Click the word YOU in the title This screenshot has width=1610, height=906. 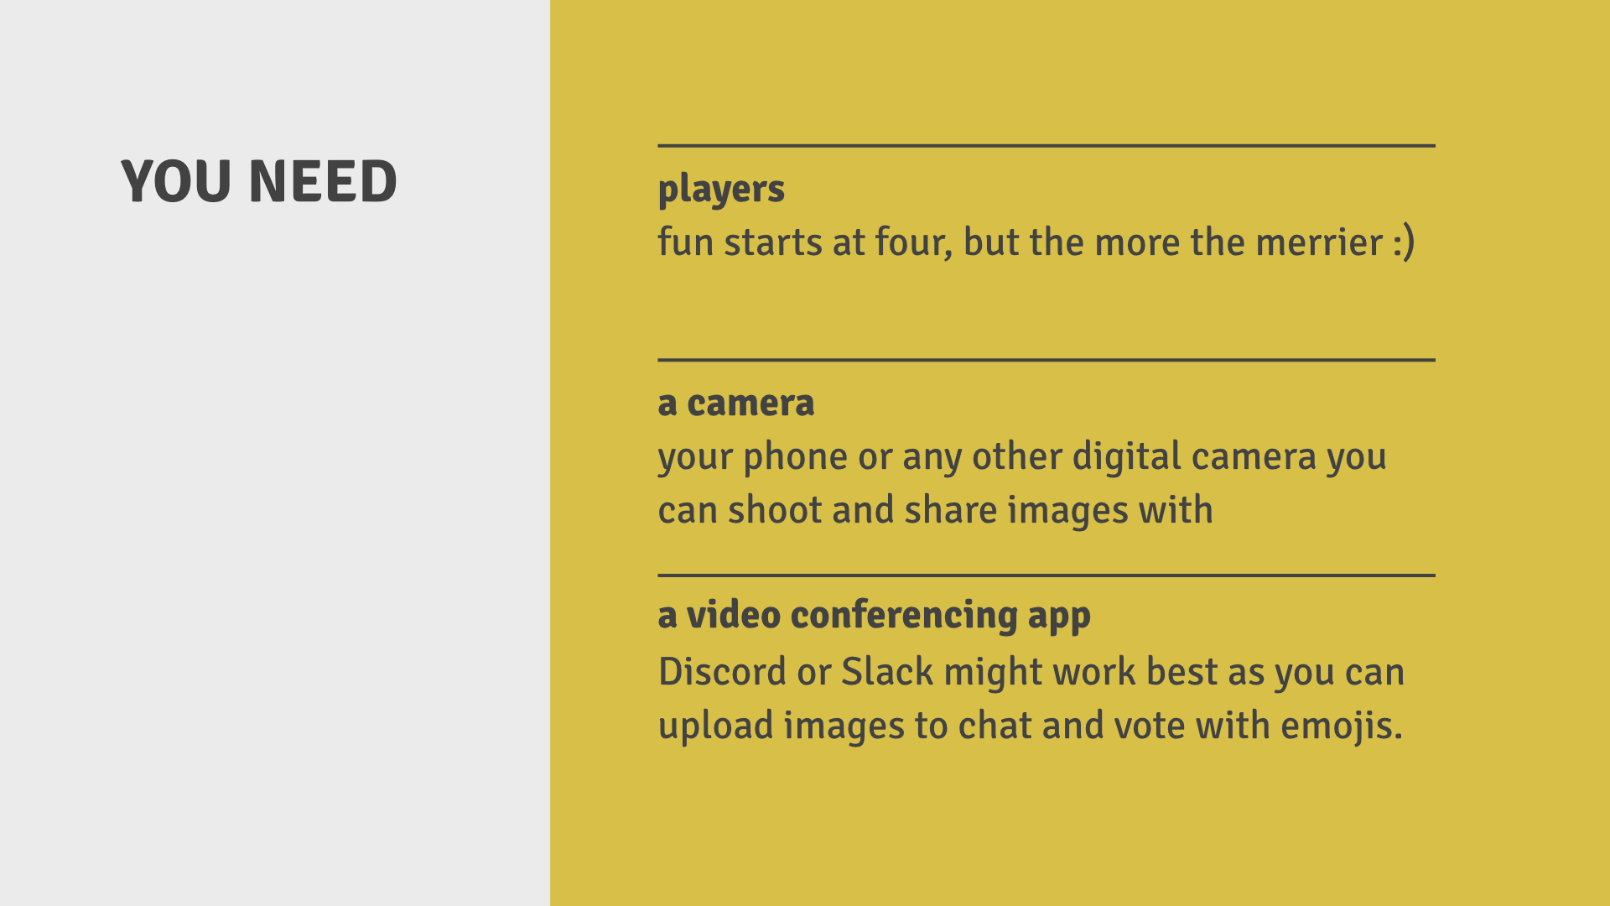pyautogui.click(x=176, y=181)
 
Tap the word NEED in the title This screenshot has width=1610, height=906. pyautogui.click(x=323, y=181)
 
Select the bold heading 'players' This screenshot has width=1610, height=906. pyautogui.click(x=721, y=190)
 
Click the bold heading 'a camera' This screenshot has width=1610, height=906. pyautogui.click(x=736, y=404)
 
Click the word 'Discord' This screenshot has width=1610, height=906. pyautogui.click(x=722, y=672)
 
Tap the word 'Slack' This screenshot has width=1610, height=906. pyautogui.click(x=887, y=672)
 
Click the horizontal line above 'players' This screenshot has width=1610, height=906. pyautogui.click(x=1046, y=146)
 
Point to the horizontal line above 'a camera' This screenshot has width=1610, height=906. pyautogui.click(x=1046, y=360)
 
